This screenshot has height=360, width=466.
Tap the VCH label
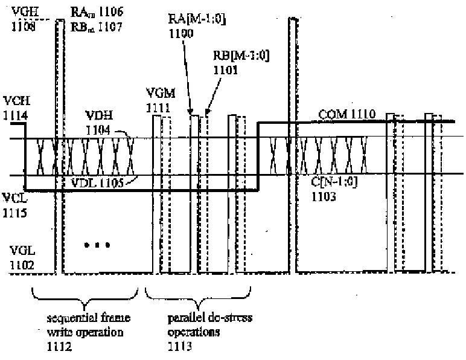click(x=15, y=99)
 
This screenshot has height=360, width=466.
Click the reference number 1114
click(x=14, y=113)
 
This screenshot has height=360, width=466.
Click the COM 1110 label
click(x=346, y=113)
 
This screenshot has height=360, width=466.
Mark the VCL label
click(x=14, y=197)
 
